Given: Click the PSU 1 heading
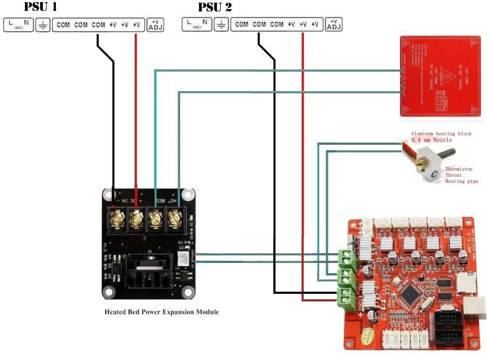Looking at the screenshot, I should [x=41, y=7].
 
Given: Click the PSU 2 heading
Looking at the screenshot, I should [x=215, y=7].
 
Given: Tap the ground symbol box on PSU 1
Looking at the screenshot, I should [x=43, y=25].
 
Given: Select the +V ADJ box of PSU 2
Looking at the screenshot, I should [x=334, y=24].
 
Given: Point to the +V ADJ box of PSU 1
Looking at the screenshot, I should [x=156, y=25].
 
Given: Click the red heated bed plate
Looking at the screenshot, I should [x=440, y=75].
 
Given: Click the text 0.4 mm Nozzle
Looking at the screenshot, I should [x=431, y=140].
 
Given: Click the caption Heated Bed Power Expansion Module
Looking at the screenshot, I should [x=162, y=312].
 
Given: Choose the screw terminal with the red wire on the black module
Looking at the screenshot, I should [x=136, y=220].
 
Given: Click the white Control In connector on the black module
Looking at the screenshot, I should [x=183, y=260].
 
